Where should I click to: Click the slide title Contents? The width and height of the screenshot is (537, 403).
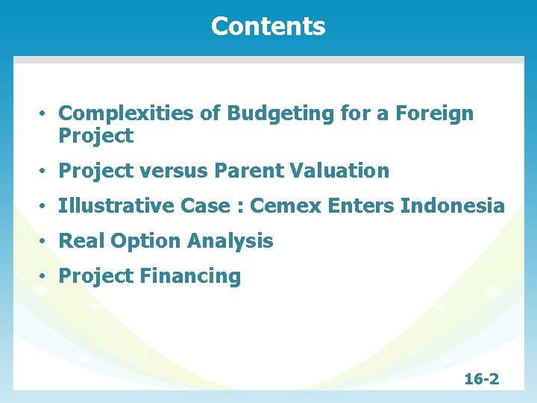(268, 26)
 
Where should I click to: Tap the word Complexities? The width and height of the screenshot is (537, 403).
(118, 113)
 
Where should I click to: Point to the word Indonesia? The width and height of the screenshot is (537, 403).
(453, 206)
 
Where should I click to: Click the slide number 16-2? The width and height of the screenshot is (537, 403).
(481, 379)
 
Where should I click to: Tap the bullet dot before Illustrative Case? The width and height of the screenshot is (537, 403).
(45, 207)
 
